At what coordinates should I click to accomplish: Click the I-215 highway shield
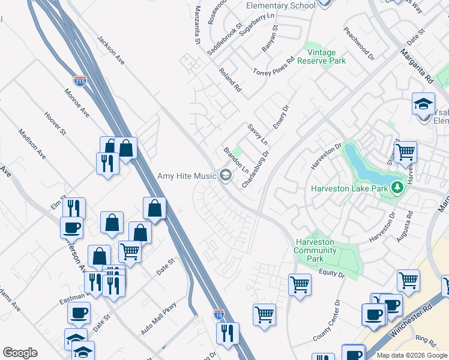coord(80,80)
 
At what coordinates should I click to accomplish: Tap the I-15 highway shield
coord(219,314)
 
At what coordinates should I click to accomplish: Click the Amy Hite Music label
coord(186,176)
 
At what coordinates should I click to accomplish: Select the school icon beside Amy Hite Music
coord(226,175)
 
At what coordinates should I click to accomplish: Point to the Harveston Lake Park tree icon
coord(396,188)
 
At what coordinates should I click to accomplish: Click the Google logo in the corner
coord(20,353)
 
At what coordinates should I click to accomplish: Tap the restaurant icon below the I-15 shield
coord(228,334)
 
